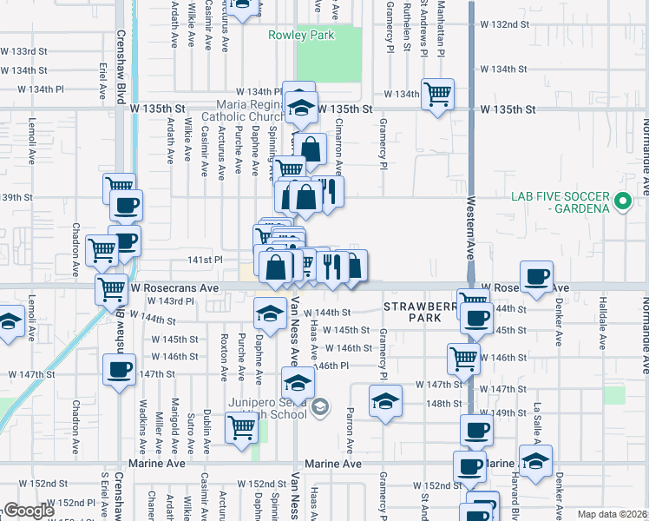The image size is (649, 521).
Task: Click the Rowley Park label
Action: pyautogui.click(x=302, y=36)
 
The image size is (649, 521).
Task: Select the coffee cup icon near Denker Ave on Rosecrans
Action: pyautogui.click(x=536, y=276)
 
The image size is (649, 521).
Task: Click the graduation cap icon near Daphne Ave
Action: pyautogui.click(x=270, y=312)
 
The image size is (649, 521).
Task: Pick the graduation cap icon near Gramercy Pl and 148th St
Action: pyautogui.click(x=385, y=400)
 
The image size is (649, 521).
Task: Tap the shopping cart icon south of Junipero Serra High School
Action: pyautogui.click(x=241, y=426)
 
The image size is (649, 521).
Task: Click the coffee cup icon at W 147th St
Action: pyautogui.click(x=119, y=368)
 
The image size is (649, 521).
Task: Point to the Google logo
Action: pyautogui.click(x=28, y=511)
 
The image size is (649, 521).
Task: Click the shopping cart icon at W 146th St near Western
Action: pyautogui.click(x=463, y=357)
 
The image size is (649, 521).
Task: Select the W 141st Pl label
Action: pyautogui.click(x=206, y=259)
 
